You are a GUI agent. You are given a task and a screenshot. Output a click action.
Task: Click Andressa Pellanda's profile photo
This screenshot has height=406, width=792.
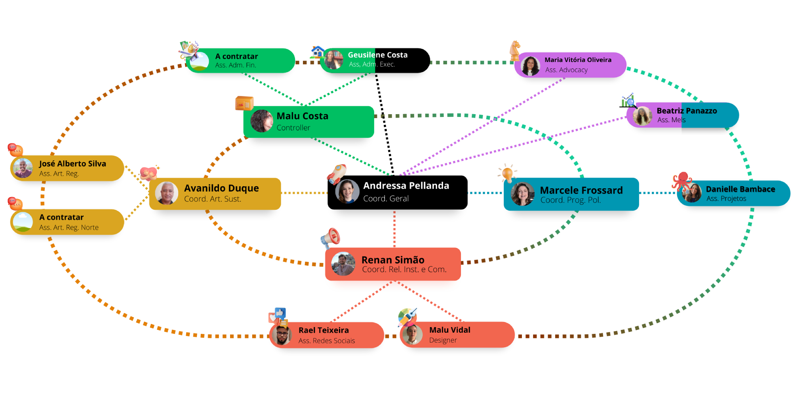point(347,192)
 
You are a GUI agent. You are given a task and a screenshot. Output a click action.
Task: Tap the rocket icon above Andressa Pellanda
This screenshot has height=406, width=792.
point(337,174)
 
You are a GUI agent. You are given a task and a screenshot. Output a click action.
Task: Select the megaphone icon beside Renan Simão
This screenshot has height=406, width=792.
point(330,237)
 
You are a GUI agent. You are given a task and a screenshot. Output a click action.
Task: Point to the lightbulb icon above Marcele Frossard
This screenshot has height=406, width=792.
point(507,173)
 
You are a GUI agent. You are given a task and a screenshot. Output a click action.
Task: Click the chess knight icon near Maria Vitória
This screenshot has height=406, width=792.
point(515,50)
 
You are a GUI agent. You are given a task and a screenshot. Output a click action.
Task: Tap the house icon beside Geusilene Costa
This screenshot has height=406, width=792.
point(317,52)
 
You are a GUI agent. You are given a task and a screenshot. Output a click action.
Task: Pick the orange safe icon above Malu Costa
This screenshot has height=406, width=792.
point(244,103)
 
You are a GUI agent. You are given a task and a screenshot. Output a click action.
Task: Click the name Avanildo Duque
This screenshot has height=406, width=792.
point(221,188)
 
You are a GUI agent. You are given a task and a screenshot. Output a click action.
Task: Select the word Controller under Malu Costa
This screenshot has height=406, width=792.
point(293,128)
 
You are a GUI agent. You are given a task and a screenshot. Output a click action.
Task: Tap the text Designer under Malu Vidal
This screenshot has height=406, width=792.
point(443,340)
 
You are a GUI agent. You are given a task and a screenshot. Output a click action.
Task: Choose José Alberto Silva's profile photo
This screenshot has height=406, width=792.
point(23,168)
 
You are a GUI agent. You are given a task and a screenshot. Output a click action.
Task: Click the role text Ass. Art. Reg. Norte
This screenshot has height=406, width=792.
point(69,228)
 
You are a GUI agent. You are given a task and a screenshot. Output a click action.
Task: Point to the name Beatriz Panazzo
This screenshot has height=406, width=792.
point(687,111)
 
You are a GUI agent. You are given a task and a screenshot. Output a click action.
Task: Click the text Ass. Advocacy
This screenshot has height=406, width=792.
point(566,70)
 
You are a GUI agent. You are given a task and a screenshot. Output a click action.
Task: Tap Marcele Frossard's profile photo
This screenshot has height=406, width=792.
point(522,194)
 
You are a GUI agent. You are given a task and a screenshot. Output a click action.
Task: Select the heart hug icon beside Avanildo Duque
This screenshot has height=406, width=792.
point(149,173)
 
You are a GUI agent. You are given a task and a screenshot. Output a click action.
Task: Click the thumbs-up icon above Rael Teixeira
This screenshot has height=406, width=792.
point(280,313)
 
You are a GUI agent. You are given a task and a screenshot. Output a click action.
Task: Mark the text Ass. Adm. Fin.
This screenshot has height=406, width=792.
point(236,65)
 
